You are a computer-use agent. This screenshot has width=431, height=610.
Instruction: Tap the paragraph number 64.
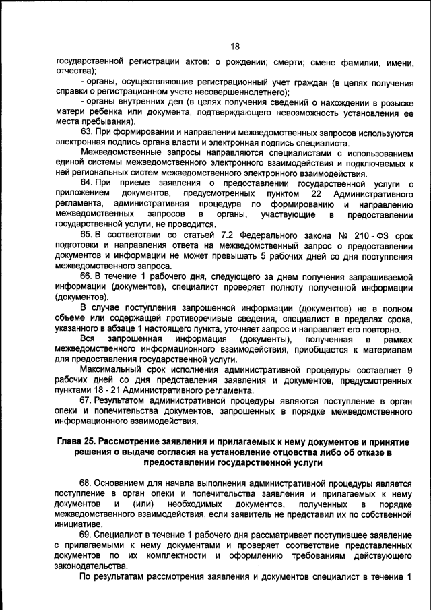pyautogui.click(x=86, y=183)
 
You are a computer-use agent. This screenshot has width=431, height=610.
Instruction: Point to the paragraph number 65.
pyautogui.click(x=86, y=234)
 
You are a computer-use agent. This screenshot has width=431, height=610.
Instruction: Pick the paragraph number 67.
pyautogui.click(x=86, y=400)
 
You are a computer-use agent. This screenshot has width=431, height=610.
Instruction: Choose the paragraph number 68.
pyautogui.click(x=86, y=483)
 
